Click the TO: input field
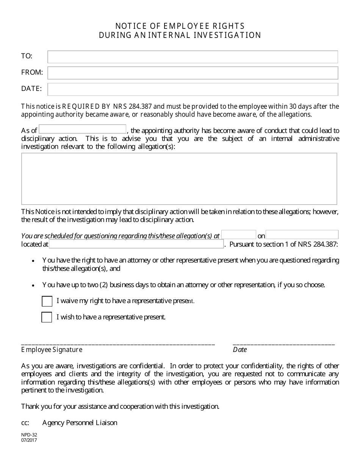click(193, 57)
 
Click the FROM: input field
click(193, 73)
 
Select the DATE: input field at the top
click(193, 89)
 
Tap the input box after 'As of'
click(82, 129)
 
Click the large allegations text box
click(179, 179)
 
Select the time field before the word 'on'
click(239, 235)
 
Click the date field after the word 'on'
click(302, 235)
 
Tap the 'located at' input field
click(136, 244)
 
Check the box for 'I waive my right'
click(47, 301)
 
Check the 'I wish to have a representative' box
click(47, 317)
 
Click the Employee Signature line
click(118, 343)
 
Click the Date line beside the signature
click(283, 343)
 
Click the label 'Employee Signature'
click(52, 350)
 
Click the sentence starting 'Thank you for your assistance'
click(120, 407)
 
